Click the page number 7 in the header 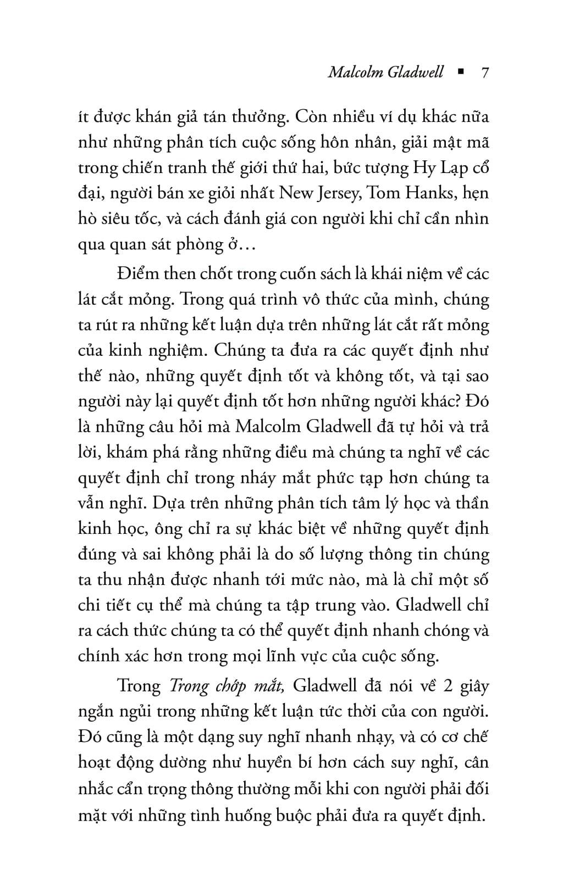(484, 73)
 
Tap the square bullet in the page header (460, 72)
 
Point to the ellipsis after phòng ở (246, 244)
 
